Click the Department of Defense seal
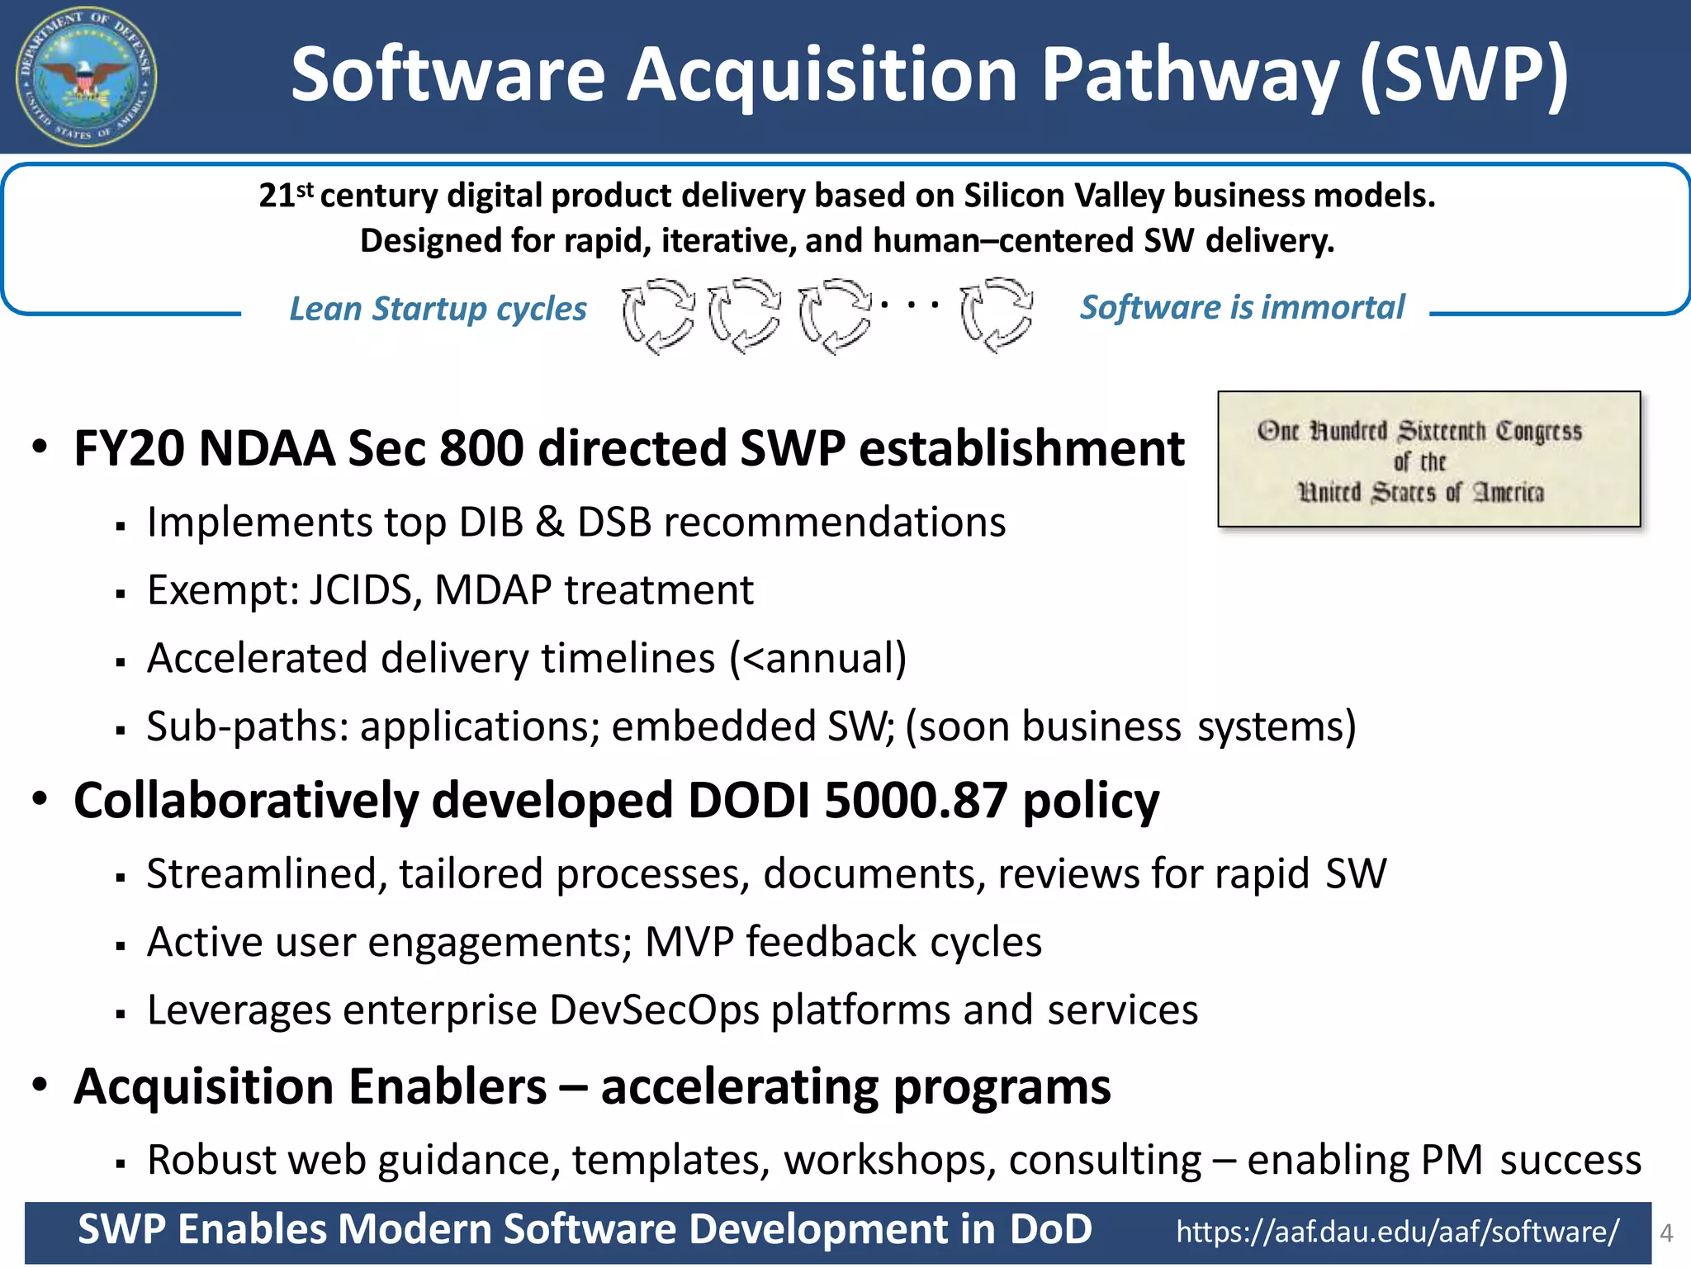86,77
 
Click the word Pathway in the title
1189,76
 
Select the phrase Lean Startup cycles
438,309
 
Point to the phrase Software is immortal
1242,307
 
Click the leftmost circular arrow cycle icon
658,315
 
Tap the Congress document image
1428,459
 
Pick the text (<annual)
817,659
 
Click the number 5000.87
915,801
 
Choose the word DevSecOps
653,1010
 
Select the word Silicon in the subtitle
1014,196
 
